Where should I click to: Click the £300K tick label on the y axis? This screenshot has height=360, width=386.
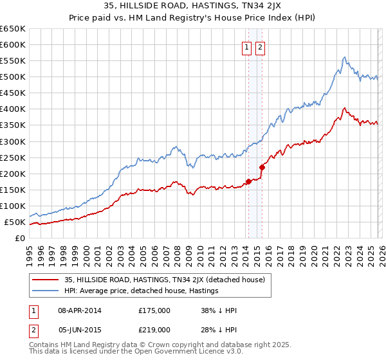coord(13,141)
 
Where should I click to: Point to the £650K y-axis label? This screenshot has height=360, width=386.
coord(13,29)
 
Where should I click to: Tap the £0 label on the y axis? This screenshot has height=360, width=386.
coord(19,239)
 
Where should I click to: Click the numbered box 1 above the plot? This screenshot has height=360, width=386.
coord(246,47)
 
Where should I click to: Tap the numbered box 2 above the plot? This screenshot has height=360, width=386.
coord(260,47)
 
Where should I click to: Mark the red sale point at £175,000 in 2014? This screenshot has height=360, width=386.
coord(248,181)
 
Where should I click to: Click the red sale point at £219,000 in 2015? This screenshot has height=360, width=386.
coord(262,167)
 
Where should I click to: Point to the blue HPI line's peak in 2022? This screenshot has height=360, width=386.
coord(345,58)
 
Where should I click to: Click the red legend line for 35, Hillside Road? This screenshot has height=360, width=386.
coord(46,280)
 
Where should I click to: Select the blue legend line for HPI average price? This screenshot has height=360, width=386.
coord(46,291)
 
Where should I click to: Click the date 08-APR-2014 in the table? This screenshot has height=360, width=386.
coord(80,310)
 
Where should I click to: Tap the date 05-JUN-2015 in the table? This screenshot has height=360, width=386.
coord(80,329)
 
